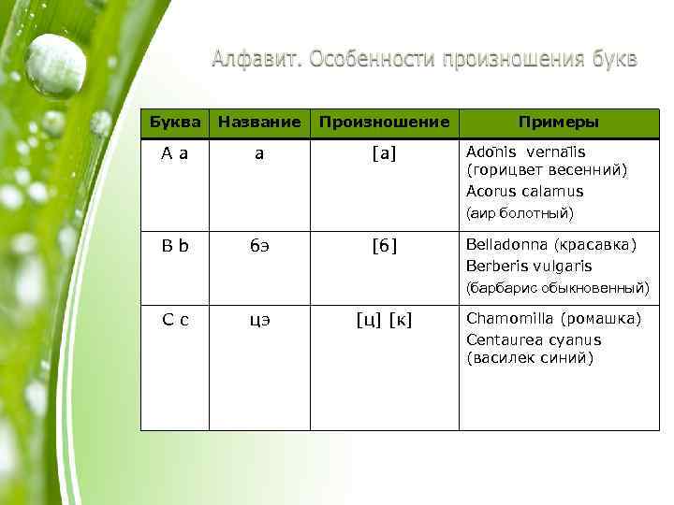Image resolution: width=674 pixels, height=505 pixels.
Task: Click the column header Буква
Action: coord(175,123)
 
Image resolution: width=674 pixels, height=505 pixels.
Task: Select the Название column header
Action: coord(259,123)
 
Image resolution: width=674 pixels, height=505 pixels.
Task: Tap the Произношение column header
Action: coord(384,123)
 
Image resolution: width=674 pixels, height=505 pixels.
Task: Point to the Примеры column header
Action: coord(559,123)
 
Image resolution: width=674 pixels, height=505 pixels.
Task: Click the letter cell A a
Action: coord(174,152)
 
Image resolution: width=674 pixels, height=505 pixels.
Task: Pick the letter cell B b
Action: coord(174,246)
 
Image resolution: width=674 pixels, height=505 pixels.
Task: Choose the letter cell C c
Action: coord(174,320)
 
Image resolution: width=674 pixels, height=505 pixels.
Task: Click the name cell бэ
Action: coord(259,246)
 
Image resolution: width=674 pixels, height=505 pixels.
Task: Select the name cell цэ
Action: coord(259,320)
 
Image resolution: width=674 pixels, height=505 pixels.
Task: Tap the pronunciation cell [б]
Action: coord(384,246)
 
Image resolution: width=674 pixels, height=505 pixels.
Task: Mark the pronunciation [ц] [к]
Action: coord(384,320)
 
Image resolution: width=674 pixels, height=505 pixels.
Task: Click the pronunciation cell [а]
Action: coord(384,152)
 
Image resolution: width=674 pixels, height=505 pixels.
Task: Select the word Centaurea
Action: coord(503,339)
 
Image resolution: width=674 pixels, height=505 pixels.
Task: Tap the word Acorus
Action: coord(491,192)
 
